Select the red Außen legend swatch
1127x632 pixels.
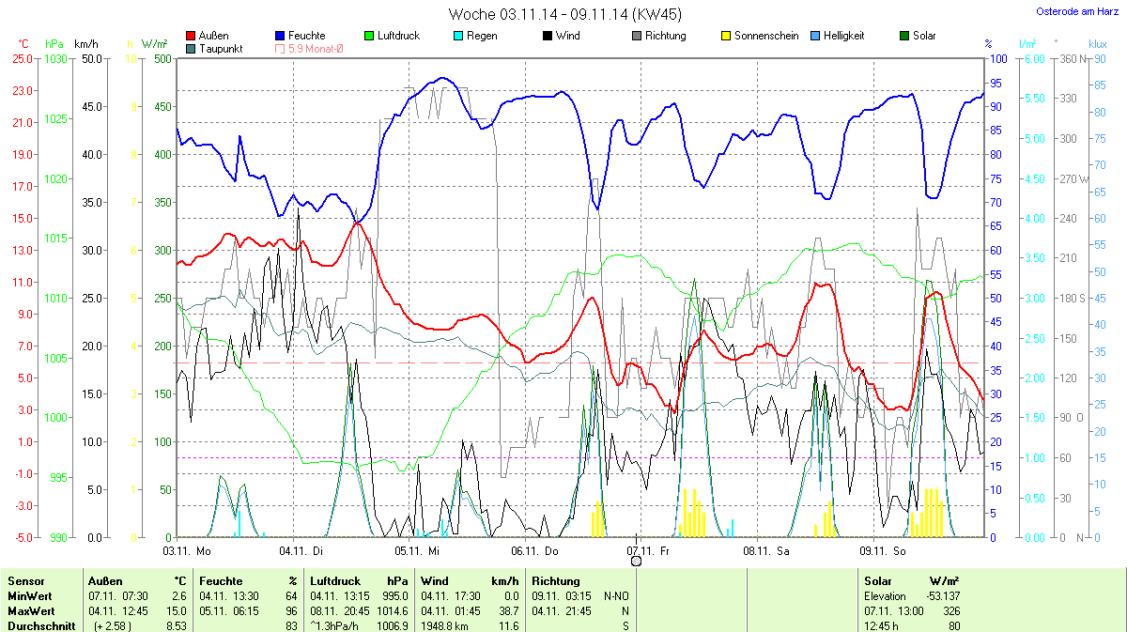(192, 36)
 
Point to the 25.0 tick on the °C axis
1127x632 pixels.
(22, 58)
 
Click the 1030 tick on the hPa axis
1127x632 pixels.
(57, 58)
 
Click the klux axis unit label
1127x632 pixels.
(1098, 44)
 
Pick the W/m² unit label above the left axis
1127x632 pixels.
(155, 44)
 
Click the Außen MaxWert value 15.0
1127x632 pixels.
(177, 610)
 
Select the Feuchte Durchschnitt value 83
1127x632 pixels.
(291, 625)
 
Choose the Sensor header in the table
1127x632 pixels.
(26, 581)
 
